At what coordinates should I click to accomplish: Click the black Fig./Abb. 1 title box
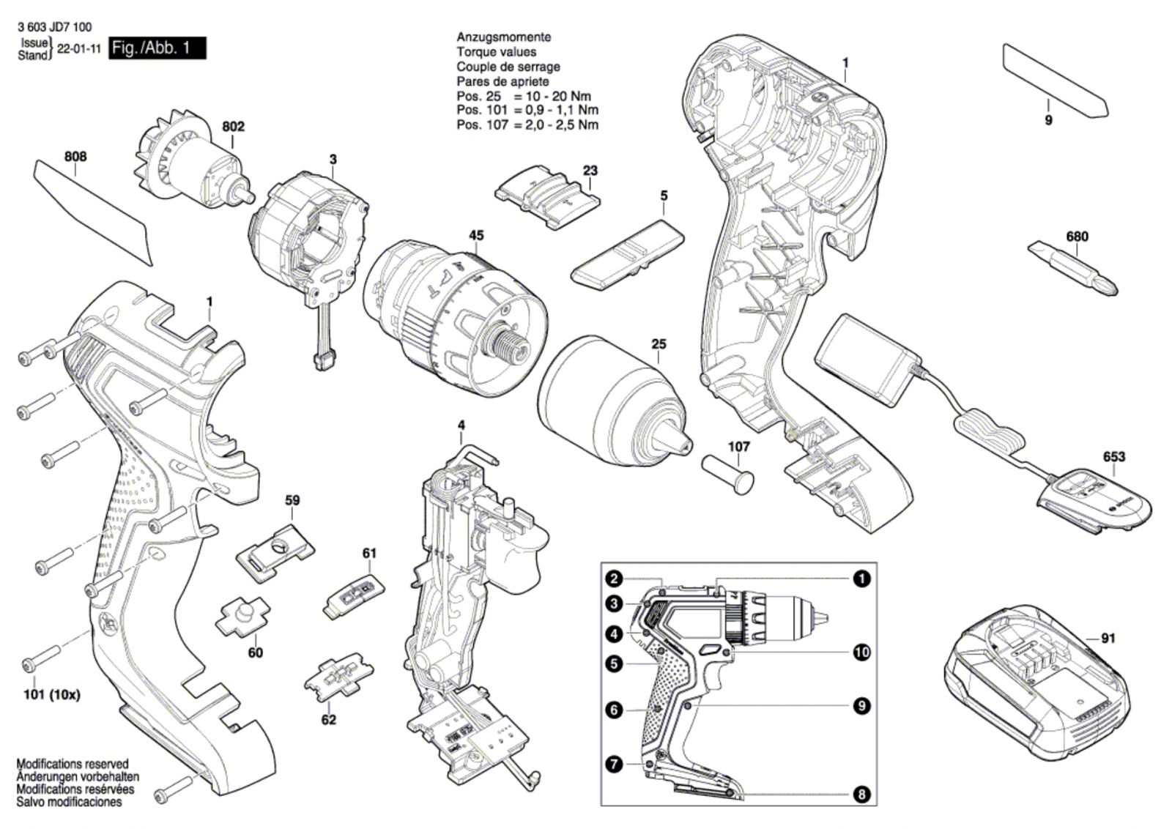tap(157, 48)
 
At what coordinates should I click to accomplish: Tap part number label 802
tap(234, 127)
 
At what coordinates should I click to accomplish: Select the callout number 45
tap(476, 235)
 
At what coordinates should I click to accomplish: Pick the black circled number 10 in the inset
tap(861, 653)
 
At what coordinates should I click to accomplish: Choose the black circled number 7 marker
tap(615, 764)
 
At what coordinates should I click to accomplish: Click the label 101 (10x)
tap(52, 695)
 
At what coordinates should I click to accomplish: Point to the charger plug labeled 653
tap(1077, 500)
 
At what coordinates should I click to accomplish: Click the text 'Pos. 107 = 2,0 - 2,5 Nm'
tap(527, 125)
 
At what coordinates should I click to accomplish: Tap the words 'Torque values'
tap(497, 52)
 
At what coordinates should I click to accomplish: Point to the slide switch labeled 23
tap(547, 198)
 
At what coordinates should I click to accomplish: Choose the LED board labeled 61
tap(352, 597)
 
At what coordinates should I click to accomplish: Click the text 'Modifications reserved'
tap(73, 764)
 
